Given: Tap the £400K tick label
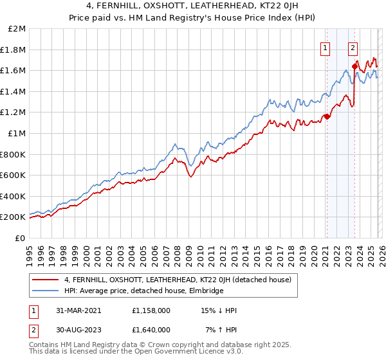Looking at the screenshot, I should [x=13, y=196].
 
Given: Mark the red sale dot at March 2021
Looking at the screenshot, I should [x=326, y=116].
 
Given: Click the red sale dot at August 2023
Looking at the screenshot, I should [x=354, y=66].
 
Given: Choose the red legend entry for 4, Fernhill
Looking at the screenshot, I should [x=178, y=280].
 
